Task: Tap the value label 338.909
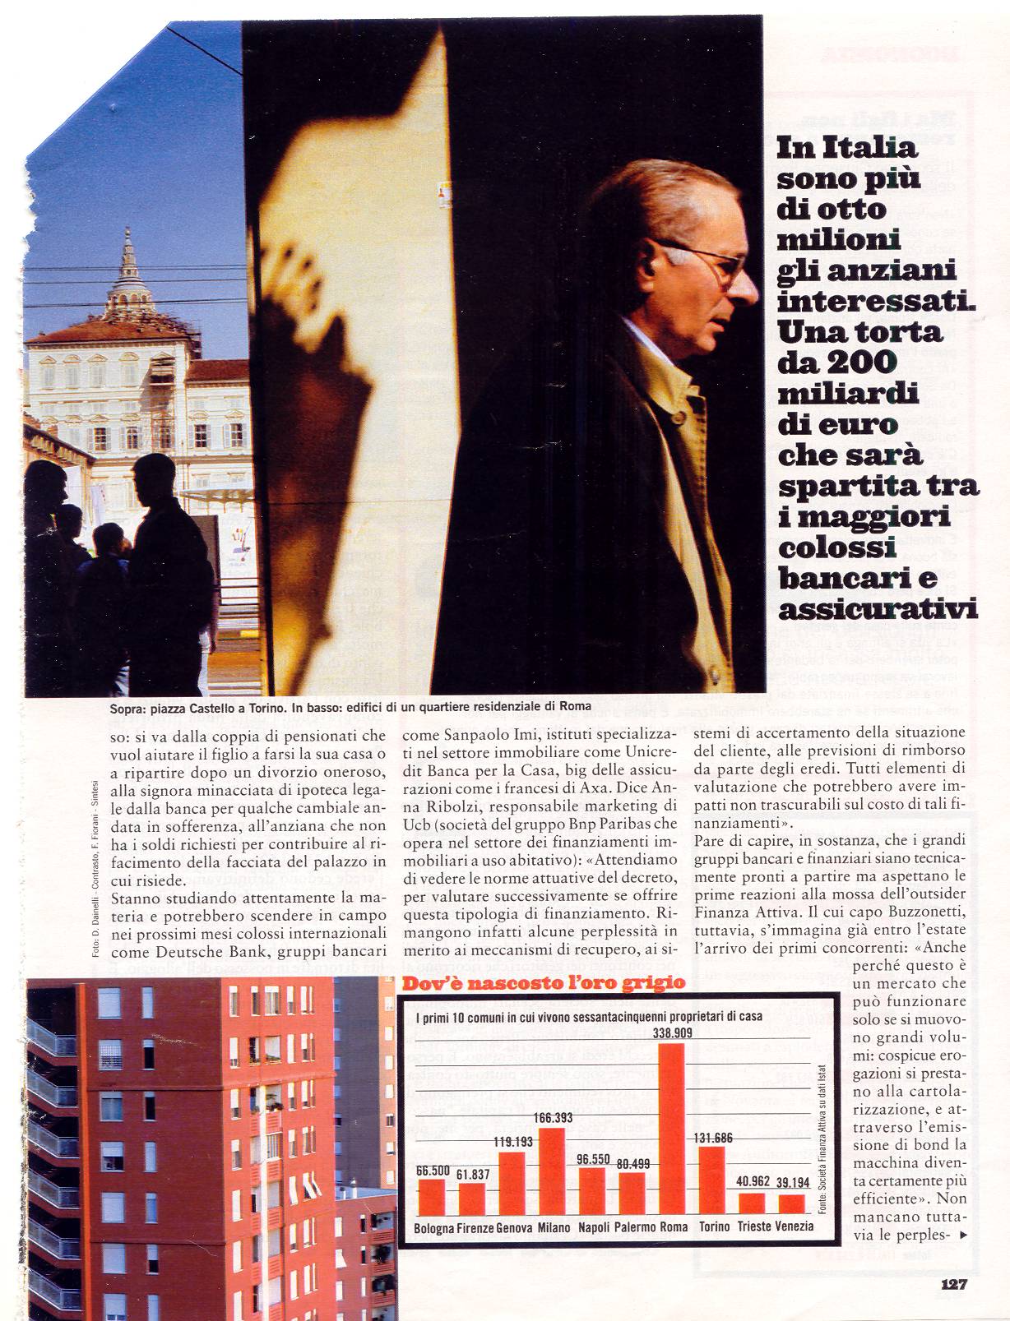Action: [x=672, y=1032]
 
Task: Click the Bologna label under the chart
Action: [x=434, y=1227]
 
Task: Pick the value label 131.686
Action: [x=711, y=1138]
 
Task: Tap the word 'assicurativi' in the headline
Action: [x=877, y=609]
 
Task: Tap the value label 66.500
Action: [x=433, y=1171]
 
